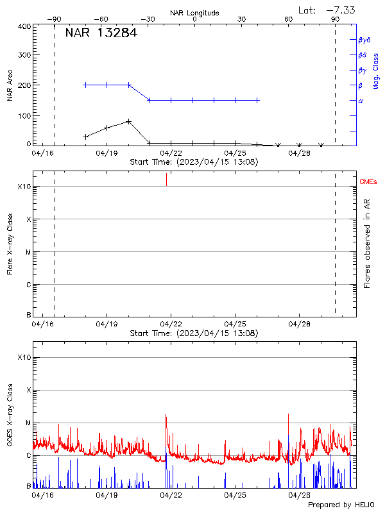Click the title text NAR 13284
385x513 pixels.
click(101, 34)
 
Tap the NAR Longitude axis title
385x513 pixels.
click(194, 12)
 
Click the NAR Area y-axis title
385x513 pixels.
click(10, 85)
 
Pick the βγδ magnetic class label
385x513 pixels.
click(364, 40)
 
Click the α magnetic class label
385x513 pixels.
click(361, 101)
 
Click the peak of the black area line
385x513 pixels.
click(129, 121)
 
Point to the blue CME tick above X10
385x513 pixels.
click(167, 179)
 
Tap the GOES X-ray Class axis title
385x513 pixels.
click(10, 424)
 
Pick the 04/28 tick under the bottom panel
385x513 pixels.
click(300, 496)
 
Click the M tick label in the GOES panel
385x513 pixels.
click(28, 423)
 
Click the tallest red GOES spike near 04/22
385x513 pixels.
click(166, 415)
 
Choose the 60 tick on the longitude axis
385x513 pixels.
click(289, 19)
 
